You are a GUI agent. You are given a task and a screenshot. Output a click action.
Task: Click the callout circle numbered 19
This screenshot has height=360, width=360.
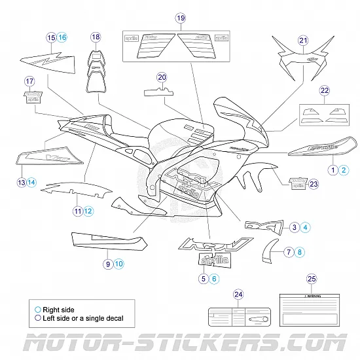point(181,18)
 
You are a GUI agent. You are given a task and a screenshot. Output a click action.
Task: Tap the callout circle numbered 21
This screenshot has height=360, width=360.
point(302,41)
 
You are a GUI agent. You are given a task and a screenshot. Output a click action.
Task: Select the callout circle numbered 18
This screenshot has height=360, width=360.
point(96,37)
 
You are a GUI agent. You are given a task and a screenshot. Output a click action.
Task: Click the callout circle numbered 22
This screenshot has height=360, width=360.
point(323,90)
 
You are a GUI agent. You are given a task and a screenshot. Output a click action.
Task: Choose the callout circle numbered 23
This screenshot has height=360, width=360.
point(313,184)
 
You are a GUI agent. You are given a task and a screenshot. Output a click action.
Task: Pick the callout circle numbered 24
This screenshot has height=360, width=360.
point(238,294)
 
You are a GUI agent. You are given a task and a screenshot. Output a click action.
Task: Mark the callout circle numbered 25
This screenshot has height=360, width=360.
point(312,279)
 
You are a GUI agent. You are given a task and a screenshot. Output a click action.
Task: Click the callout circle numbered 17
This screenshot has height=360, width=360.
point(29,81)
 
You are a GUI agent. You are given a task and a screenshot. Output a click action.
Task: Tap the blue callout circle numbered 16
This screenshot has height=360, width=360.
point(62,37)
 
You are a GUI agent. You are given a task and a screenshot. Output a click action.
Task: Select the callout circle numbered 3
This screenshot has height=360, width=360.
point(295,227)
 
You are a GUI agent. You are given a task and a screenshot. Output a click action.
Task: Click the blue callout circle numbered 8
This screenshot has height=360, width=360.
point(300,251)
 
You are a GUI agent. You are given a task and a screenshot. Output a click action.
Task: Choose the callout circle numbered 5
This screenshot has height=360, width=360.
point(204,278)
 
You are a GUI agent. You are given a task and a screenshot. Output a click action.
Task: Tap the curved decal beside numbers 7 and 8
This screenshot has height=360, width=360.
point(270,251)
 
